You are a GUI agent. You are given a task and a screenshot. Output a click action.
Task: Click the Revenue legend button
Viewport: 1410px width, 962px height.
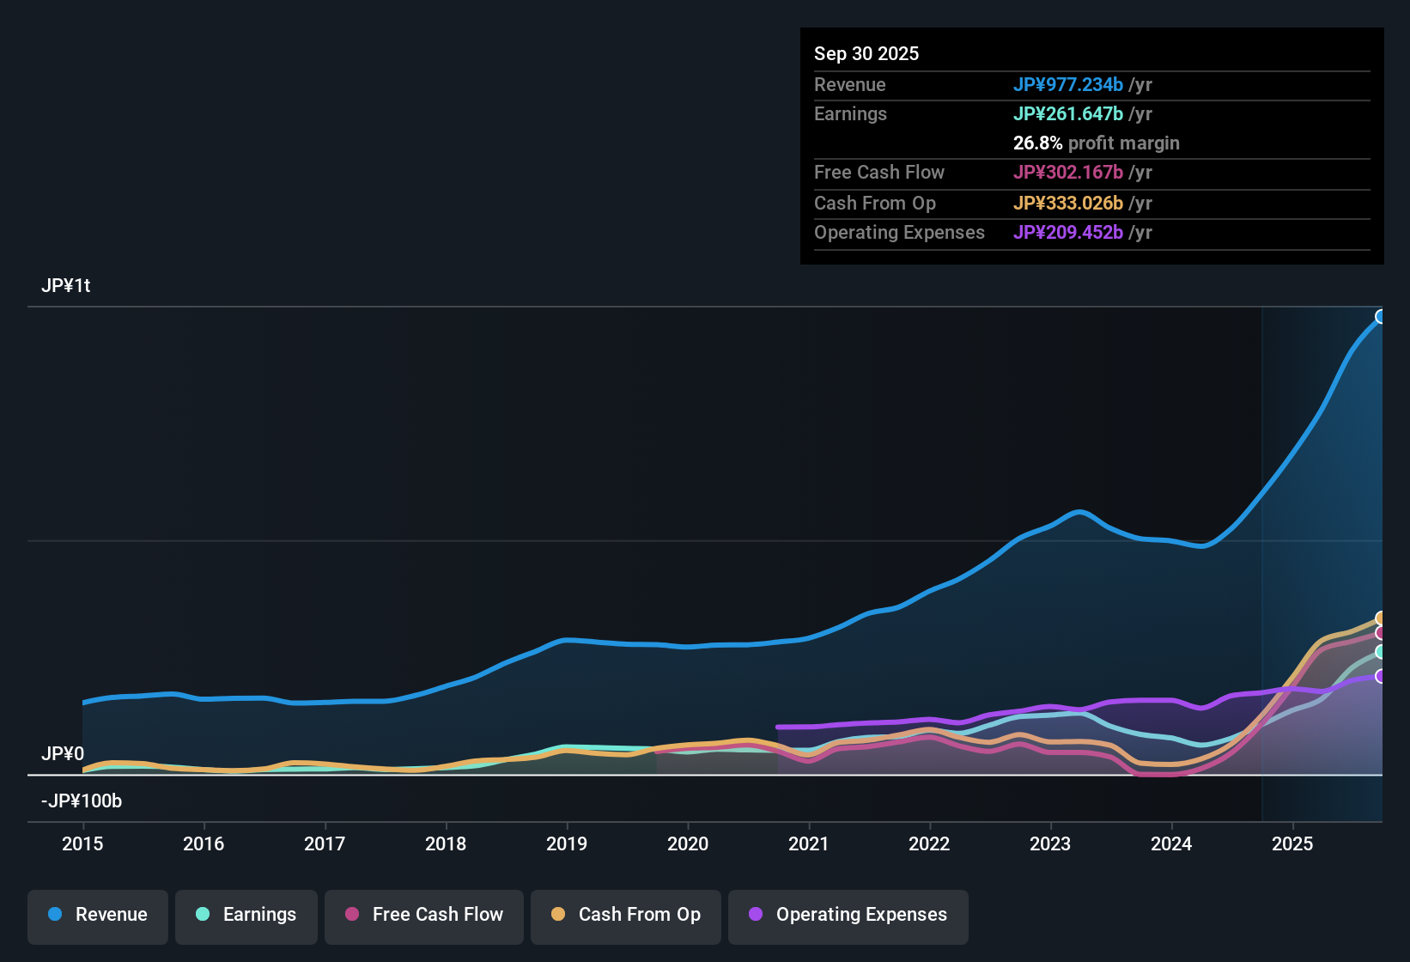98,915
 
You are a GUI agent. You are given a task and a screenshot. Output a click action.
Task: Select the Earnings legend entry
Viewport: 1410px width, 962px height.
246,915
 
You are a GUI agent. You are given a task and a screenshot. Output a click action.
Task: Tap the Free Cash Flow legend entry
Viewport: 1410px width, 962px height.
424,915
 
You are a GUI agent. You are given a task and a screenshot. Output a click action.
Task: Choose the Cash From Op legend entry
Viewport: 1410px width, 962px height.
626,915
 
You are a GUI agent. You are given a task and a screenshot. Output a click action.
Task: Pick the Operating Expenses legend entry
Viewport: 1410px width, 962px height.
848,915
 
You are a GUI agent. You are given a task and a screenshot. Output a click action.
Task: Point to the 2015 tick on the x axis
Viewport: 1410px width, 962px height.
82,843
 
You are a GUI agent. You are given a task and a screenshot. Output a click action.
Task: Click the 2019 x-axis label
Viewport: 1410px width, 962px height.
567,843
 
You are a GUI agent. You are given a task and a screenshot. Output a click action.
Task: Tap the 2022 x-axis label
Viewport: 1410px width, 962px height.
929,843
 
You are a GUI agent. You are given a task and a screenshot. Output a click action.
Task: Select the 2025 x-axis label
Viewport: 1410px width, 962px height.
1292,843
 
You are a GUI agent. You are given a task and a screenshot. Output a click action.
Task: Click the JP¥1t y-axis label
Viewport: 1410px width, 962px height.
66,286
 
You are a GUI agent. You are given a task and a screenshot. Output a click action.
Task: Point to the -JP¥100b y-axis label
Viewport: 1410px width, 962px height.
82,801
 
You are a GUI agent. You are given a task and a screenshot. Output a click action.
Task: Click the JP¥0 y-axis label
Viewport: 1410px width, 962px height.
63,754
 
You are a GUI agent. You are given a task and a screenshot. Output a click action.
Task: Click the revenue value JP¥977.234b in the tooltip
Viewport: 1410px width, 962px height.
1068,85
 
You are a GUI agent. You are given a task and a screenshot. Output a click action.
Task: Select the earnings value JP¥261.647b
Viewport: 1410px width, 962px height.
1068,114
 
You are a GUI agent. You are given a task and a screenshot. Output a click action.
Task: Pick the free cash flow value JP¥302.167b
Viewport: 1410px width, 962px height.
1068,173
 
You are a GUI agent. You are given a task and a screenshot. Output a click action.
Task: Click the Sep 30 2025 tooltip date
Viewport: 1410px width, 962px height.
866,54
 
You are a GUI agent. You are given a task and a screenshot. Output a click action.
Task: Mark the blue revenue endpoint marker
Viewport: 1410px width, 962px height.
1381,317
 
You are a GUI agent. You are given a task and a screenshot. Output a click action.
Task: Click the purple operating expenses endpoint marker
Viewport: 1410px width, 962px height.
1381,676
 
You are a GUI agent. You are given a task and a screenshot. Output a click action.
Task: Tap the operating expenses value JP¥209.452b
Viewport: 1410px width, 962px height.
1068,233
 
